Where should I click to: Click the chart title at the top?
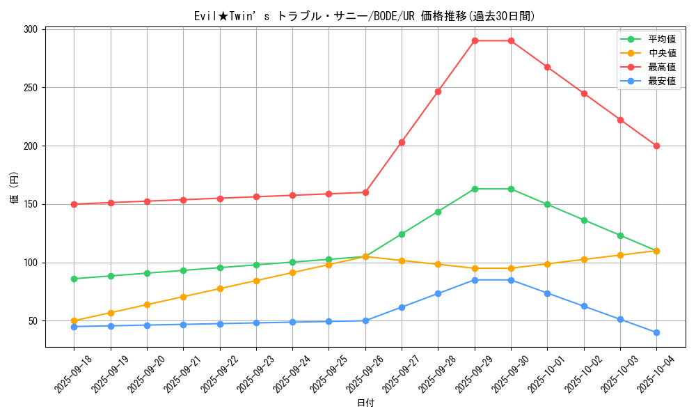coord(365,16)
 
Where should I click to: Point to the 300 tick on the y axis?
coord(31,29)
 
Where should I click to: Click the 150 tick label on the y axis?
coord(31,204)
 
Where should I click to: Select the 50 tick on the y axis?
coord(33,321)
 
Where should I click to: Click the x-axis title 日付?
coord(365,403)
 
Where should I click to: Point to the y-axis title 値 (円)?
coord(15,187)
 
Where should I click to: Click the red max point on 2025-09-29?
coord(475,40)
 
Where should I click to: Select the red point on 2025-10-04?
coord(656,146)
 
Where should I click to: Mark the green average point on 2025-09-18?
coord(74,279)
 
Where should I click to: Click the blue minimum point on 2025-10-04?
coord(656,332)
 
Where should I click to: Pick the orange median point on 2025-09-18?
coord(74,320)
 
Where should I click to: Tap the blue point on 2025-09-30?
coord(511,280)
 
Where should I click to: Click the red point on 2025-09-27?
coord(402,142)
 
